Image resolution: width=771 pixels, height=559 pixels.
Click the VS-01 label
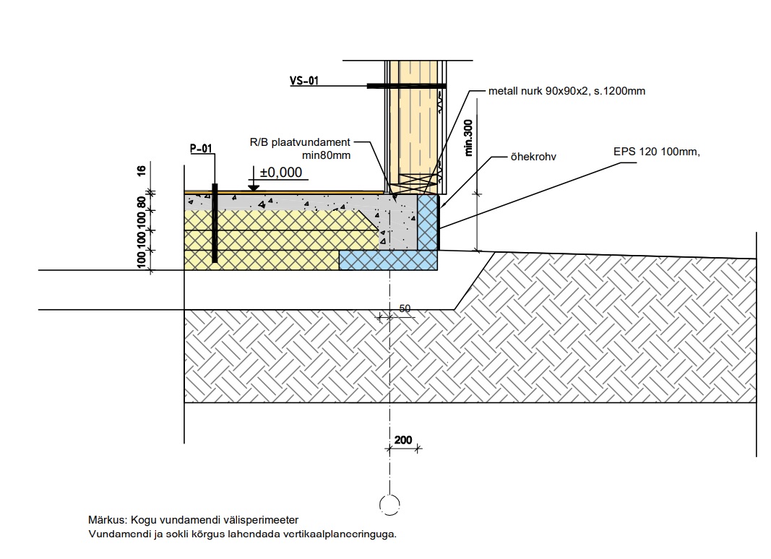pyautogui.click(x=304, y=82)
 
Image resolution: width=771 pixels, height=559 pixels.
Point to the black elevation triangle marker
pyautogui.click(x=254, y=186)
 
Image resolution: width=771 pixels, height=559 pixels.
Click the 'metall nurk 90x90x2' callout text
pyautogui.click(x=567, y=92)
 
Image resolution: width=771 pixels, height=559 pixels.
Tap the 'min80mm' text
pyautogui.click(x=326, y=155)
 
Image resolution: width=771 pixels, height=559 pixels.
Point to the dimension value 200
pyautogui.click(x=403, y=440)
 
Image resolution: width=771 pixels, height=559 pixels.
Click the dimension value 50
pyautogui.click(x=405, y=308)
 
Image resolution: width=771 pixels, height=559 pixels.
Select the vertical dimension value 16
pyautogui.click(x=142, y=170)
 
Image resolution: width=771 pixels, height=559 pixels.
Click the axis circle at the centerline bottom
pyautogui.click(x=389, y=504)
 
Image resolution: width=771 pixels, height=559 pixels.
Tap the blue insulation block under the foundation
pyautogui.click(x=389, y=261)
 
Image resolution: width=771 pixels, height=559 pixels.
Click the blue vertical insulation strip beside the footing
pyautogui.click(x=428, y=222)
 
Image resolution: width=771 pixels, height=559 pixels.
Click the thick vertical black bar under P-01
pyautogui.click(x=215, y=224)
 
